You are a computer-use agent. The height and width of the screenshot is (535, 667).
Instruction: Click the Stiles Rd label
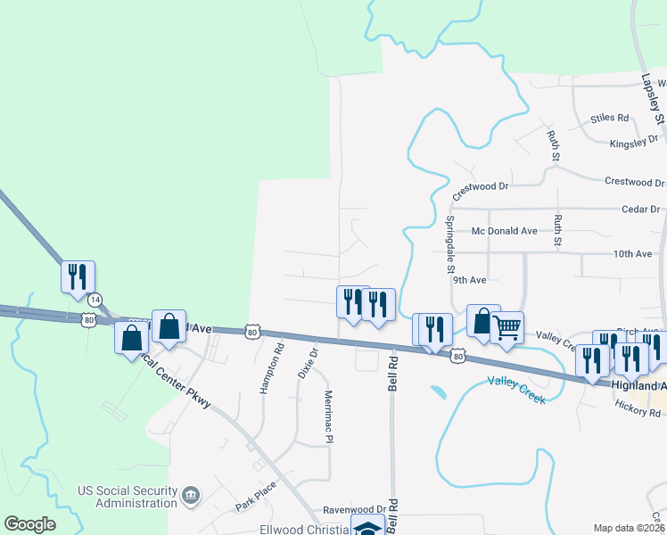(610, 118)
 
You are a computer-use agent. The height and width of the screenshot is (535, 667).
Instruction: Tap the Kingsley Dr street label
(634, 141)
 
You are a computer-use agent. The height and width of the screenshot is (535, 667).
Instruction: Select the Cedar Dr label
(641, 210)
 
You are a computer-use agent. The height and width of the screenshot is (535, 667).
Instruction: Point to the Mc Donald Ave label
(505, 231)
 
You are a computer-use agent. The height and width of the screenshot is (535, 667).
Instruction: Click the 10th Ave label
(632, 254)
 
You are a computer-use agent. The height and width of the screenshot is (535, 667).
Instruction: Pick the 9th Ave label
(469, 279)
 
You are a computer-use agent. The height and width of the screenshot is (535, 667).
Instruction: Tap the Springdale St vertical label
(450, 244)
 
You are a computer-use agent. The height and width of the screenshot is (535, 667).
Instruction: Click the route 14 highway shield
(95, 298)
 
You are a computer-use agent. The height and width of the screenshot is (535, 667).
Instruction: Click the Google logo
(29, 524)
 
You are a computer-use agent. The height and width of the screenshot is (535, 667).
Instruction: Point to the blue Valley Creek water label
(516, 383)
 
